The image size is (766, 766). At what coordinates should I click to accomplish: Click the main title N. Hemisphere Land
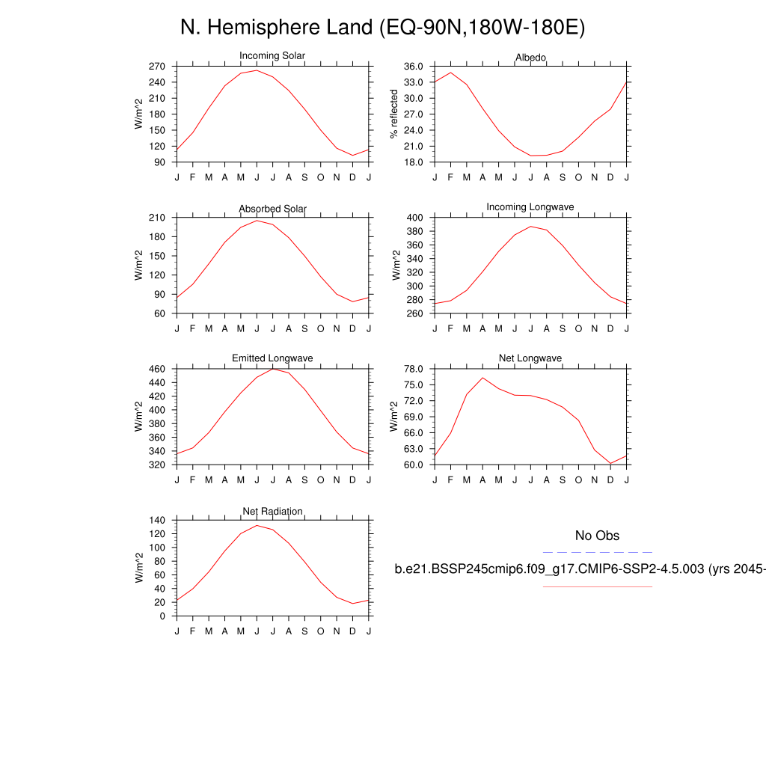pos(382,28)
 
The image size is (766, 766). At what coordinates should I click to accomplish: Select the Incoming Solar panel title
pos(272,56)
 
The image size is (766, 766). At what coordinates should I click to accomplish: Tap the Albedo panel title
pos(530,58)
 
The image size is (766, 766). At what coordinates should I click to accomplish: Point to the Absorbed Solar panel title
pos(272,208)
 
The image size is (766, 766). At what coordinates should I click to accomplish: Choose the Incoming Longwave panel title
pos(530,206)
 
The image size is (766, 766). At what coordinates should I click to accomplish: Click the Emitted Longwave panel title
pos(272,358)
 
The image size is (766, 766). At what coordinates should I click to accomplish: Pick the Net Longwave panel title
pos(530,358)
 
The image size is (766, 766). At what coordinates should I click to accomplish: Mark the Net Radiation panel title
pos(272,511)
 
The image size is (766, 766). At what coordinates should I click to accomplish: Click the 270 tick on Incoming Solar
pos(156,66)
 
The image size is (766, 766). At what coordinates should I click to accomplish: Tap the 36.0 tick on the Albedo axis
pos(414,66)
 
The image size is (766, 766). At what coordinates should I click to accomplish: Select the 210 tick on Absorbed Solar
pos(156,218)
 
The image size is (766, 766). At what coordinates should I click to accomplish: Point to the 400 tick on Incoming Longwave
pos(416,218)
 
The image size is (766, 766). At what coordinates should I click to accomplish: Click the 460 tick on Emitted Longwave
pos(156,369)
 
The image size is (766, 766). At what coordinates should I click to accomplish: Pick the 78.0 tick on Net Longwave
pos(414,369)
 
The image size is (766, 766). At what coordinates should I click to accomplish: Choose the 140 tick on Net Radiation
pos(156,520)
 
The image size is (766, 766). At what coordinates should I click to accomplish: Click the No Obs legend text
pos(597,536)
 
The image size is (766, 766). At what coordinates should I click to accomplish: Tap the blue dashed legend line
pos(597,552)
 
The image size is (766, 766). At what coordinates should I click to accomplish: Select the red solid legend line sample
pos(597,586)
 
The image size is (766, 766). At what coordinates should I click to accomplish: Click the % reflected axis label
pos(394,114)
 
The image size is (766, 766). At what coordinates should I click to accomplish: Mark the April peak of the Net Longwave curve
pos(482,378)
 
